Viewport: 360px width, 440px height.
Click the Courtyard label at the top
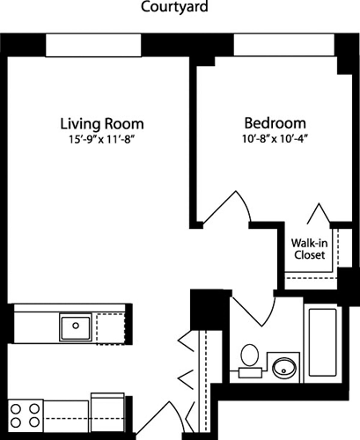click(x=174, y=7)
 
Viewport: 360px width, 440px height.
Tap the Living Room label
click(x=102, y=124)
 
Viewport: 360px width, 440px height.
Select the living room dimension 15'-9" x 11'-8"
click(x=102, y=140)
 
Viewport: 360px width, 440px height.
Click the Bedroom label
click(x=275, y=123)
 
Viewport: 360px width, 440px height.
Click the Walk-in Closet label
click(x=309, y=249)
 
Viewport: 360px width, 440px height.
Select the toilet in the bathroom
click(x=250, y=355)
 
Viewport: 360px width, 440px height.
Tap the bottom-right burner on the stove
click(x=34, y=422)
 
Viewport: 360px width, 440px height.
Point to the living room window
click(x=93, y=45)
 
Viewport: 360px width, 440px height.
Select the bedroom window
click(x=284, y=45)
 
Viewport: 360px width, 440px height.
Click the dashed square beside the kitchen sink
click(x=110, y=329)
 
